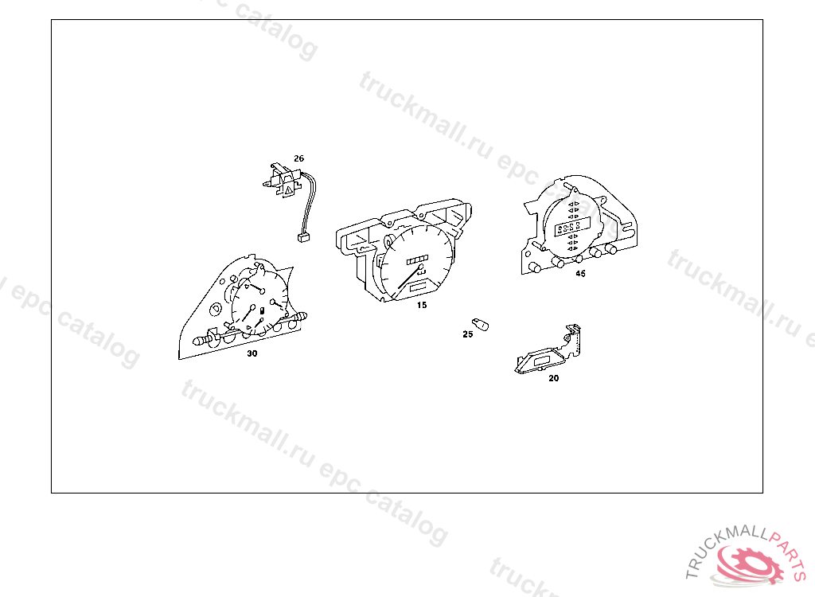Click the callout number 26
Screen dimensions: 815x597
(299, 158)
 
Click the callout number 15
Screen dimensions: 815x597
(422, 305)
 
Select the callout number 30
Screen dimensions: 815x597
(252, 353)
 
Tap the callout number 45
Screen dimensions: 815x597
(580, 274)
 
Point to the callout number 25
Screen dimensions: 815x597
(468, 334)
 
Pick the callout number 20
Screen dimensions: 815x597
(554, 379)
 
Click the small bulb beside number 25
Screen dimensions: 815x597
(480, 325)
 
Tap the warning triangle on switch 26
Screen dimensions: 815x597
(288, 191)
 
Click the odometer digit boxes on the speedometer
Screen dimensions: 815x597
(417, 259)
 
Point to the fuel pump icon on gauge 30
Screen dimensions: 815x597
(262, 311)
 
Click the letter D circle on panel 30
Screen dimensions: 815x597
(215, 309)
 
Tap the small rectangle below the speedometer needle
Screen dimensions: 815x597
(419, 287)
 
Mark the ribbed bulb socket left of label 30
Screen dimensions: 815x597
(204, 341)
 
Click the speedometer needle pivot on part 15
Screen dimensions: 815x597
(420, 268)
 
